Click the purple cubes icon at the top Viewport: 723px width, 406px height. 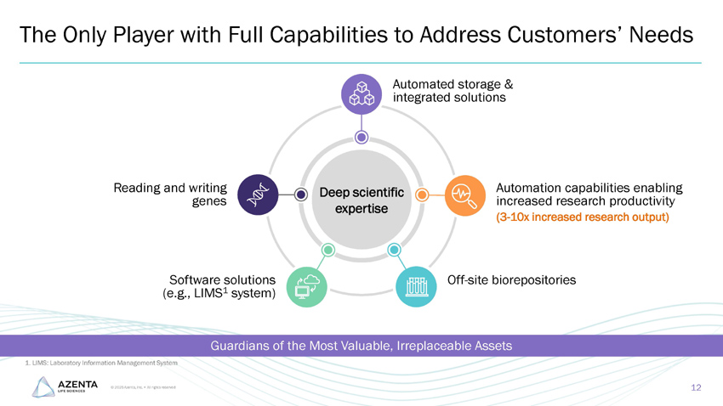point(361,93)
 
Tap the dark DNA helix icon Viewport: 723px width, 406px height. point(257,195)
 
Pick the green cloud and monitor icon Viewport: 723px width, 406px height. point(306,287)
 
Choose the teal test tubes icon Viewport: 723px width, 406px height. point(416,287)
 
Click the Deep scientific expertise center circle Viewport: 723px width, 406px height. point(361,198)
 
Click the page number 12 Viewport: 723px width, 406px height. point(696,388)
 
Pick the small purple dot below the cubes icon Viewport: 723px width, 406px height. point(361,137)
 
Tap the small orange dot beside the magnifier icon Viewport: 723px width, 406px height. point(422,195)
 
